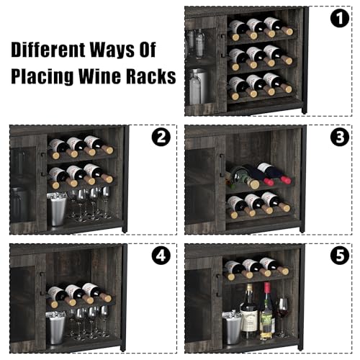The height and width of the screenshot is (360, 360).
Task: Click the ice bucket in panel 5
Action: tap(232, 327)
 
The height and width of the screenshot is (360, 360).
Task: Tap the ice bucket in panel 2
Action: tap(56, 208)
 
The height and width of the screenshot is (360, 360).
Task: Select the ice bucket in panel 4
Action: tap(56, 328)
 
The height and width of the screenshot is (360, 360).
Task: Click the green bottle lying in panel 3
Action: tap(243, 176)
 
